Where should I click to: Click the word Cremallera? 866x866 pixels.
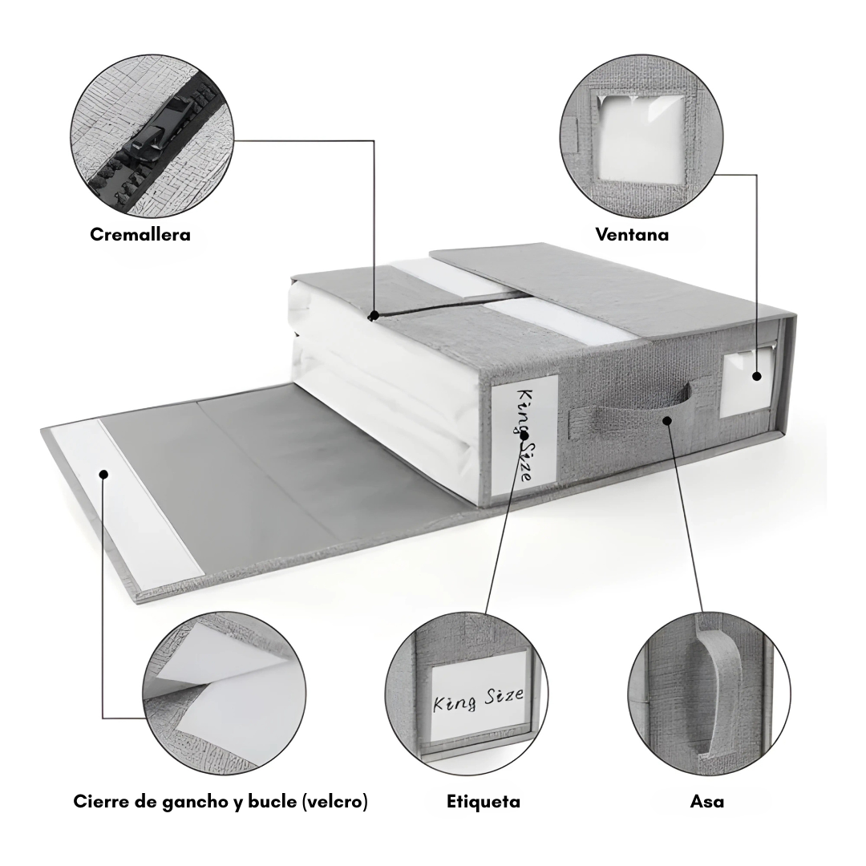tap(140, 235)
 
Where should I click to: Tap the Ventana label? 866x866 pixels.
tap(632, 235)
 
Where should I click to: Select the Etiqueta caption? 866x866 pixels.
tap(484, 801)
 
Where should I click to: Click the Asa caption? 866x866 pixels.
tap(707, 801)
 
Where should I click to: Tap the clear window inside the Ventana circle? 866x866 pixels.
tap(641, 140)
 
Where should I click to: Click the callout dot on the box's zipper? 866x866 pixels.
tap(374, 315)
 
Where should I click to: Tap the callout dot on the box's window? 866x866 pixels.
tap(757, 376)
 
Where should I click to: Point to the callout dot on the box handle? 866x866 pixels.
tap(667, 420)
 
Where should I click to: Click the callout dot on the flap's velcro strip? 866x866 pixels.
tap(103, 474)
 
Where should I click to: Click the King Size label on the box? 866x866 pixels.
tap(524, 434)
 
